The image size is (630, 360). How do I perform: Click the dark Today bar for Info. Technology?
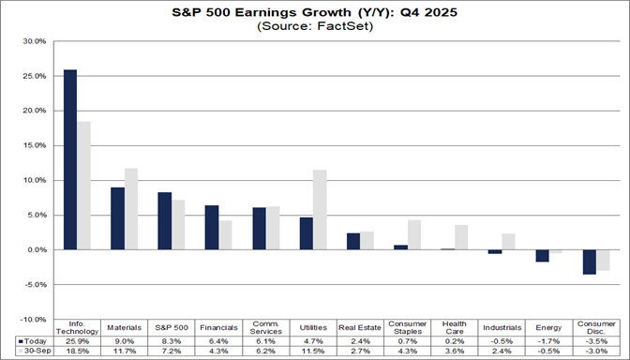(x=70, y=159)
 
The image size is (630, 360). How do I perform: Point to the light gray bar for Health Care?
(x=460, y=237)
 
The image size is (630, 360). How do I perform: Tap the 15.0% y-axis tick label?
(x=32, y=145)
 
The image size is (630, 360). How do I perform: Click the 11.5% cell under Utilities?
(x=312, y=351)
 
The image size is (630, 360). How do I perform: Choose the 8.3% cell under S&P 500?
(x=172, y=340)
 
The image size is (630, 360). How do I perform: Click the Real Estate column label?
(x=359, y=328)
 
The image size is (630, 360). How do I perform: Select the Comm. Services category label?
(x=265, y=328)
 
